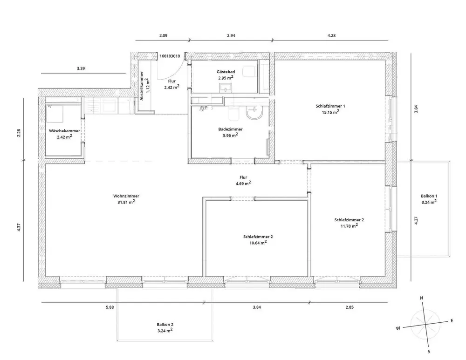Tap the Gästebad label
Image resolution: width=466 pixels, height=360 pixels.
[226, 72]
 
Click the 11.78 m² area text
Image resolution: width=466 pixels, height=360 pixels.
[349, 226]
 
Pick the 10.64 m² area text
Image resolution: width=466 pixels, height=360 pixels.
[258, 243]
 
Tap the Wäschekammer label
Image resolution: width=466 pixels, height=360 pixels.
[65, 131]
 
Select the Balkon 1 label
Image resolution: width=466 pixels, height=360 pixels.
[428, 196]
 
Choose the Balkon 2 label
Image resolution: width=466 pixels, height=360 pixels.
[165, 324]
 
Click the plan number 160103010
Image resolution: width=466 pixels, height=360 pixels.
[170, 56]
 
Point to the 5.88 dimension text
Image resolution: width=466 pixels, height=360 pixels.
[110, 307]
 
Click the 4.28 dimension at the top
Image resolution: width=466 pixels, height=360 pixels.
[331, 35]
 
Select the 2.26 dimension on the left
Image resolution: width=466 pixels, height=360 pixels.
[19, 133]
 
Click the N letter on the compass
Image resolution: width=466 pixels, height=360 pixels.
[421, 298]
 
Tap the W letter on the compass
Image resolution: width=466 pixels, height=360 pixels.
[398, 328]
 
